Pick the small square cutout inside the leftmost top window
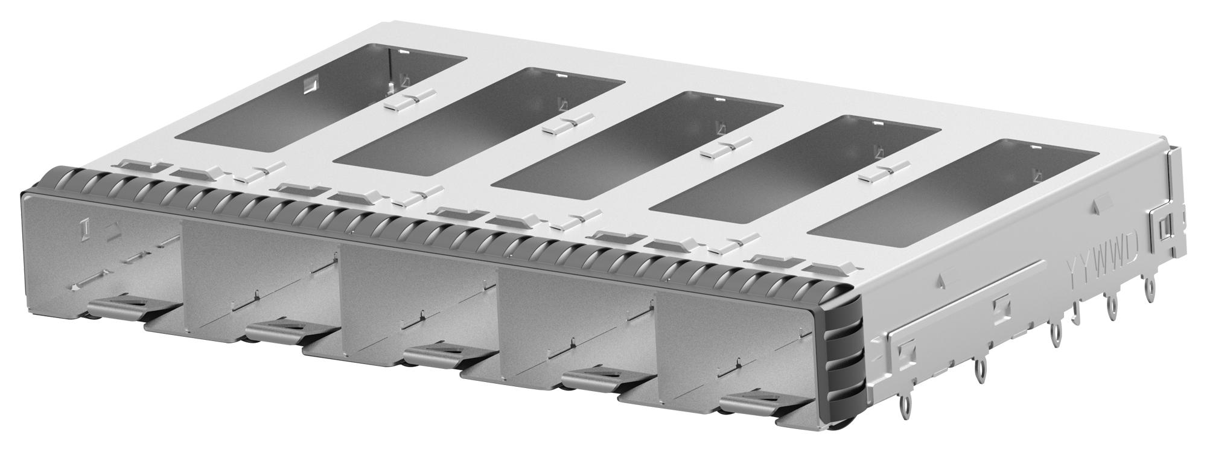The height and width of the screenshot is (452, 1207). pyautogui.click(x=308, y=84)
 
